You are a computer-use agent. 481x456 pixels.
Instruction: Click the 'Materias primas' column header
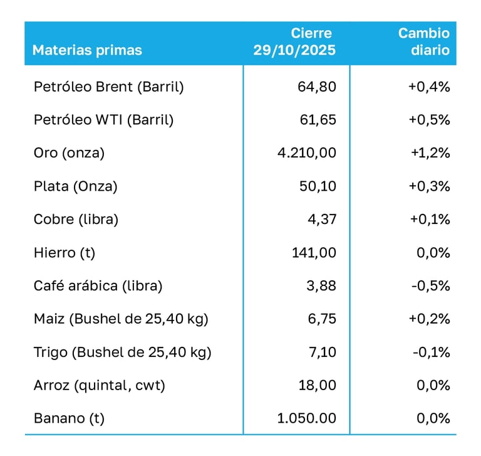click(x=87, y=50)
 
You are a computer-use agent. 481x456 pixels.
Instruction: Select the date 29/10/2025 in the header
click(x=294, y=50)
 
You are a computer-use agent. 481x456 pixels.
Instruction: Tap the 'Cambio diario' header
click(x=424, y=41)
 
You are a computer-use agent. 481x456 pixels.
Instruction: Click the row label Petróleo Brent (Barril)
click(x=108, y=87)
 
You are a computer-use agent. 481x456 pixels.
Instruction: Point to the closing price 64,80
click(x=317, y=87)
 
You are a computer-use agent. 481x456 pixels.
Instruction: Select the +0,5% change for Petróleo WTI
click(x=429, y=120)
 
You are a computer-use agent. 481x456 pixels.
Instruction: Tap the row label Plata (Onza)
click(x=75, y=186)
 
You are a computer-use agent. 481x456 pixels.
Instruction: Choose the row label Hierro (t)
click(x=65, y=253)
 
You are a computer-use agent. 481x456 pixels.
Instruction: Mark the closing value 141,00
click(x=314, y=253)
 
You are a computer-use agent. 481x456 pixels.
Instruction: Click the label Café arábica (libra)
click(x=98, y=286)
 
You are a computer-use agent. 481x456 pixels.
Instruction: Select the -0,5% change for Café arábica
click(x=431, y=286)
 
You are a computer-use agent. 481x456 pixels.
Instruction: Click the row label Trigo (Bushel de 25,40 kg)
click(x=122, y=352)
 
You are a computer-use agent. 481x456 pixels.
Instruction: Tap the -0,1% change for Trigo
click(x=431, y=352)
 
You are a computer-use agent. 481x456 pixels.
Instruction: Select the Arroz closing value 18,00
click(x=317, y=385)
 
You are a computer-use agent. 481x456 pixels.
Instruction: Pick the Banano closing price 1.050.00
click(x=306, y=418)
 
